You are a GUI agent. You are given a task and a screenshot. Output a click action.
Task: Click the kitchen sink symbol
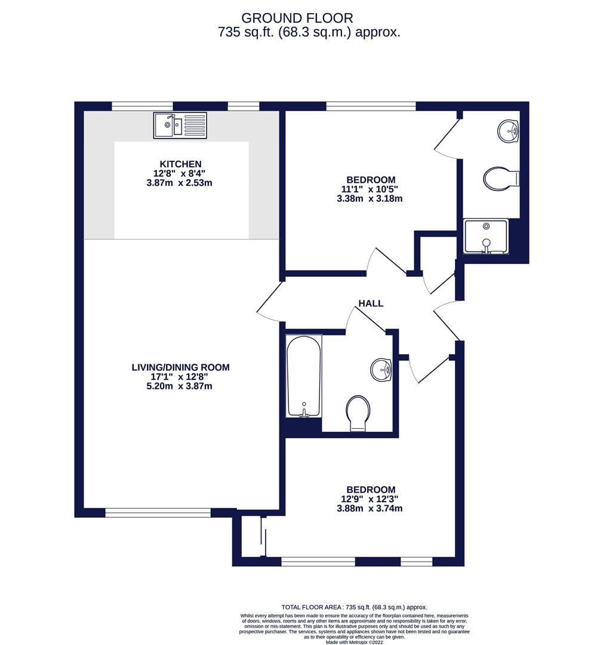tap(180, 125)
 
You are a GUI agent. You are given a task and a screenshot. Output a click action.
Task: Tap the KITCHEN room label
tap(180, 164)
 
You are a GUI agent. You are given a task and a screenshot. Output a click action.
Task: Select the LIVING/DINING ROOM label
tap(180, 367)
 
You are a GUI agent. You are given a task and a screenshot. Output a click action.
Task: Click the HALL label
tap(370, 303)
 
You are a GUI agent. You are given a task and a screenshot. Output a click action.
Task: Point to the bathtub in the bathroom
tap(304, 376)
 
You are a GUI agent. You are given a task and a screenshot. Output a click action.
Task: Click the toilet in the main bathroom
tap(358, 412)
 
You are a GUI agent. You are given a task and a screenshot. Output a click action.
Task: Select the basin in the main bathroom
tap(381, 370)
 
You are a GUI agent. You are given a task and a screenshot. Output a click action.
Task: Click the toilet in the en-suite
tap(500, 178)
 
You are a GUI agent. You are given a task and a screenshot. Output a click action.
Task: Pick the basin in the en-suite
tap(508, 131)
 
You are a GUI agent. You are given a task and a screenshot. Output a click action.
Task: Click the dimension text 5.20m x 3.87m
tap(180, 386)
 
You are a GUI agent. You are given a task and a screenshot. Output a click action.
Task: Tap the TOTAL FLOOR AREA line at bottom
tap(354, 607)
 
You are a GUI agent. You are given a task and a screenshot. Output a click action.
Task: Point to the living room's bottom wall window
tap(158, 512)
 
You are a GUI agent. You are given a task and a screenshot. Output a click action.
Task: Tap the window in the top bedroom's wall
tap(371, 106)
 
